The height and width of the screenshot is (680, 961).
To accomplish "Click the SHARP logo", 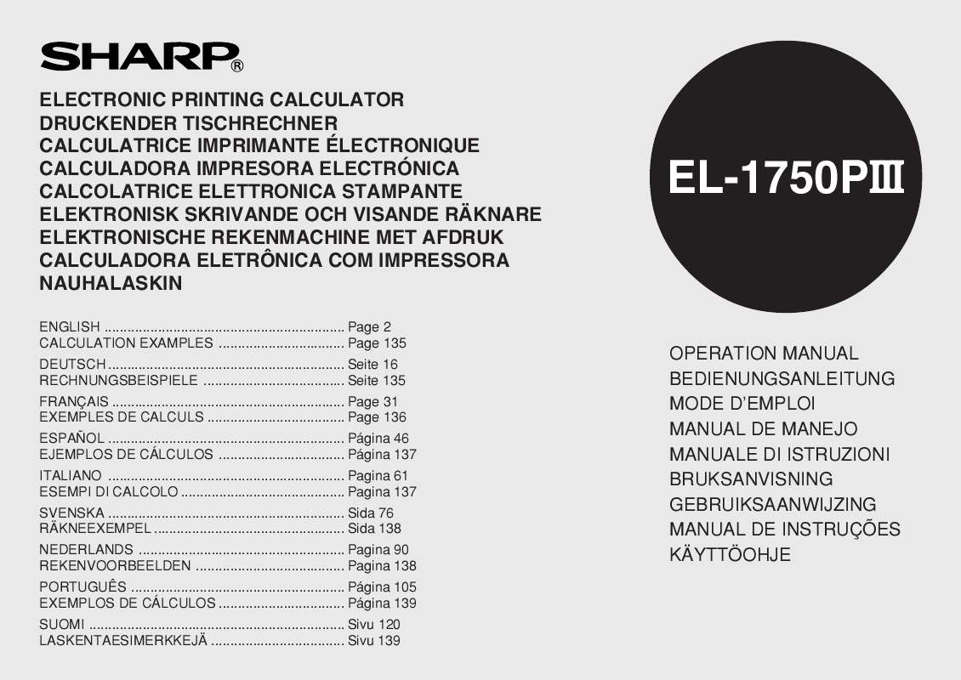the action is click(136, 56).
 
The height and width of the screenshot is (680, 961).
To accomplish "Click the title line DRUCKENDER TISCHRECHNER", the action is click(189, 122).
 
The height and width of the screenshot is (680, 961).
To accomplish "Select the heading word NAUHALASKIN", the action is click(111, 284).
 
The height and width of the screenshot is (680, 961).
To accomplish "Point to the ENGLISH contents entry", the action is click(70, 327).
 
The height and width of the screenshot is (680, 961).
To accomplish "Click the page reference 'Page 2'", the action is click(369, 327).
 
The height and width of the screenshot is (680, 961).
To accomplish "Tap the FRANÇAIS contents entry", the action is click(74, 401).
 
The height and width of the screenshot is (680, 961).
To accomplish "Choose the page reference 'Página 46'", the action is click(378, 439).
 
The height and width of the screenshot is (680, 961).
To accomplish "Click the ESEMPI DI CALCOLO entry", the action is click(109, 492).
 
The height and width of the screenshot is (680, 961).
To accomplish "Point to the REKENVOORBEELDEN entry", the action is click(115, 566).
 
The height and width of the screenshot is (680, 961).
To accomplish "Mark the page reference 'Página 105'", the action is click(382, 587).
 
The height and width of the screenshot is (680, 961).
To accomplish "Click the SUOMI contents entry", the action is click(62, 625).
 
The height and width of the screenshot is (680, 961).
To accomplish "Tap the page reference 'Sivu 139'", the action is click(374, 641).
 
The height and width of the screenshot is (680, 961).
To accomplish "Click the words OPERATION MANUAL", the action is click(764, 354).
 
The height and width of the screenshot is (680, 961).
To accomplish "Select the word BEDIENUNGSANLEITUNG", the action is click(782, 379).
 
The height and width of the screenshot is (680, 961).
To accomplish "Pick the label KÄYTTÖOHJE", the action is click(730, 555).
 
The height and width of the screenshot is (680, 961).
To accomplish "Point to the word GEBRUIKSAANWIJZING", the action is click(772, 505).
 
